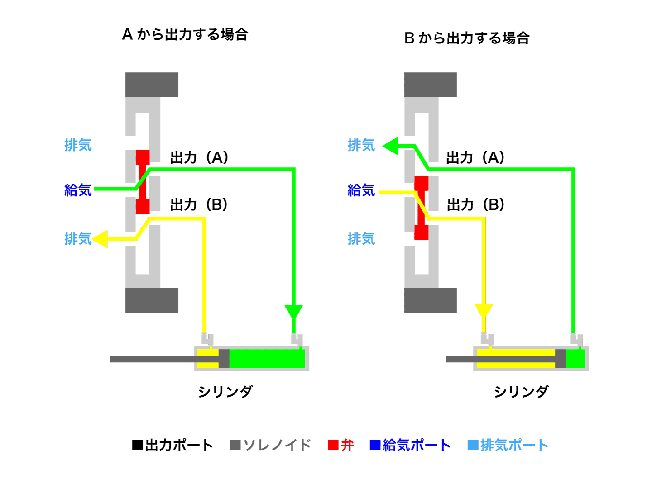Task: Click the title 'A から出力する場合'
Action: tap(185, 34)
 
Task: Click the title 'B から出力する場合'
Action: tap(467, 38)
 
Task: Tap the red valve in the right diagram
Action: tap(421, 208)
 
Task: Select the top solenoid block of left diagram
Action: tap(152, 85)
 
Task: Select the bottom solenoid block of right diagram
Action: tap(430, 300)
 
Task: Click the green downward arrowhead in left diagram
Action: tap(293, 312)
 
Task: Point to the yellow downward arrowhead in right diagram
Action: tap(484, 311)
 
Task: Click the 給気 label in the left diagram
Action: tap(78, 190)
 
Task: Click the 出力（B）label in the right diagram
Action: tap(475, 205)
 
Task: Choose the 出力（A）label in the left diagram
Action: tap(199, 158)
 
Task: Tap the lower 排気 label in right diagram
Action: tap(361, 238)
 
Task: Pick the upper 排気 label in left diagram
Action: tap(78, 145)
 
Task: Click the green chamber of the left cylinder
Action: tap(267, 359)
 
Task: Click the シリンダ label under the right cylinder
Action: tap(521, 392)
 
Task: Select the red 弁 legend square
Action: tap(333, 445)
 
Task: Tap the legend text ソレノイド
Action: tap(277, 445)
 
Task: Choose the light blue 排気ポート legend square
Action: tap(473, 445)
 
